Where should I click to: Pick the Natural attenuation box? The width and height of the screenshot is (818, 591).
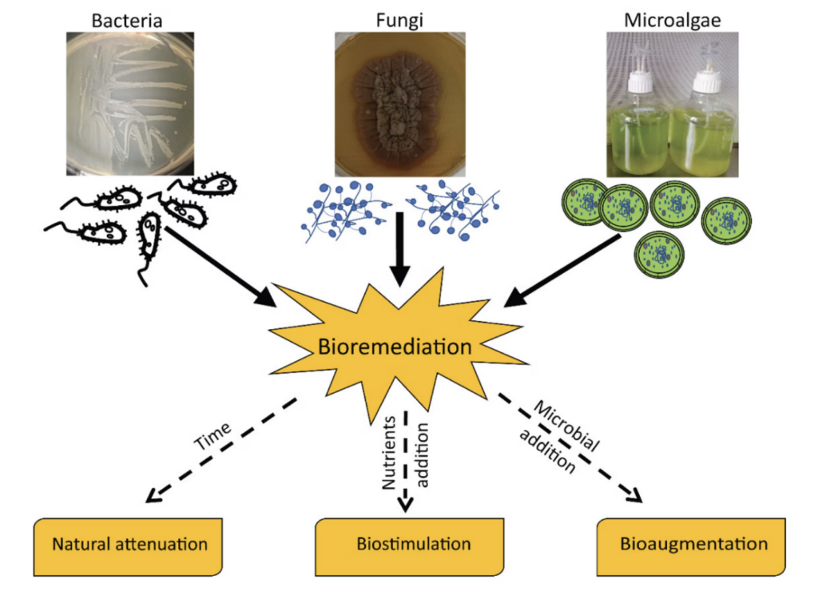[x=129, y=545]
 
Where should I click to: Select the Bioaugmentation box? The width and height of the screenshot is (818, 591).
[x=693, y=545]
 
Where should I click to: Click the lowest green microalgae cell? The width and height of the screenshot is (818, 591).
[x=658, y=255]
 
